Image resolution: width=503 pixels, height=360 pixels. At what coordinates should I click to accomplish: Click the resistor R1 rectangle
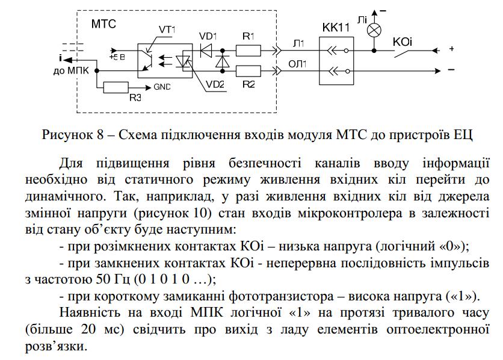249,50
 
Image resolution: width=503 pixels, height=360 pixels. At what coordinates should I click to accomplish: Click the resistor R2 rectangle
249,70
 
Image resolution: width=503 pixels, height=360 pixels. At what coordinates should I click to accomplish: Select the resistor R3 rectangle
120,87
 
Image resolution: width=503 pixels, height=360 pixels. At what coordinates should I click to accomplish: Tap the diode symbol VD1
207,50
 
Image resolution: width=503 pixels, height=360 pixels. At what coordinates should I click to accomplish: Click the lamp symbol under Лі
373,29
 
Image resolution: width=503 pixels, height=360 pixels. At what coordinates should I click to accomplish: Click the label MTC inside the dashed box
103,24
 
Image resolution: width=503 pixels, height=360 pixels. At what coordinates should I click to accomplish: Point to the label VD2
214,85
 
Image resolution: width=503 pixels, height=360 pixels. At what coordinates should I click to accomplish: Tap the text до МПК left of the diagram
70,70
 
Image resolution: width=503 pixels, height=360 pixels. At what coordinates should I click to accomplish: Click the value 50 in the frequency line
94,280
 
